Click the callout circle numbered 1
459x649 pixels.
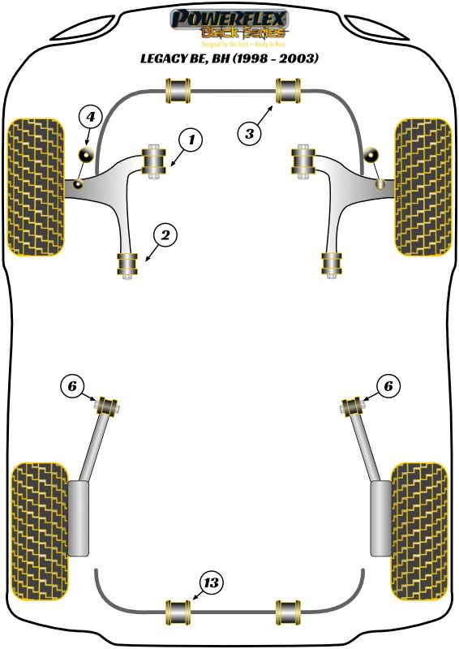click(x=191, y=140)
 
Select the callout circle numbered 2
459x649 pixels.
click(x=165, y=236)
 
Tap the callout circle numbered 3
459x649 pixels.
click(x=250, y=131)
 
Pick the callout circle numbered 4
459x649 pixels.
click(x=91, y=118)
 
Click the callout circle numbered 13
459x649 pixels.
click(x=212, y=582)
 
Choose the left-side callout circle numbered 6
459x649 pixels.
click(x=72, y=387)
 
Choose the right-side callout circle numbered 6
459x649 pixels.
click(x=388, y=387)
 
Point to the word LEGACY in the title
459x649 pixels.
click(x=165, y=58)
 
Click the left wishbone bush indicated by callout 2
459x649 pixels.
click(x=126, y=264)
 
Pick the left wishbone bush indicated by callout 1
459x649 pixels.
click(x=153, y=160)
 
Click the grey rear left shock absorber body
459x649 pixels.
click(x=78, y=518)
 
